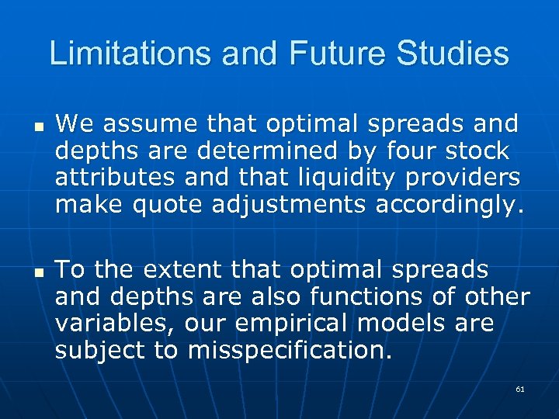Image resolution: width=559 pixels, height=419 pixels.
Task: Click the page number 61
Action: tap(519, 389)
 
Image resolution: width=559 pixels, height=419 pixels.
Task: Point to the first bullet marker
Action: tap(38, 125)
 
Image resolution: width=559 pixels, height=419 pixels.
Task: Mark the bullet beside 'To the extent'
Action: tap(38, 272)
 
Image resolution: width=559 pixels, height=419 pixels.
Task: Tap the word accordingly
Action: tap(450, 205)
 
